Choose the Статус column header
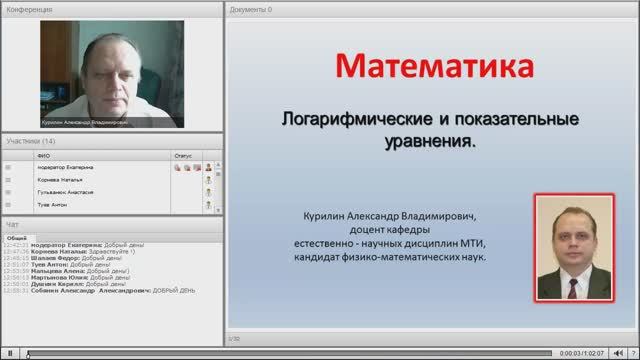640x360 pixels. pyautogui.click(x=182, y=155)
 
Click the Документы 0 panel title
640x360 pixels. pyautogui.click(x=250, y=9)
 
